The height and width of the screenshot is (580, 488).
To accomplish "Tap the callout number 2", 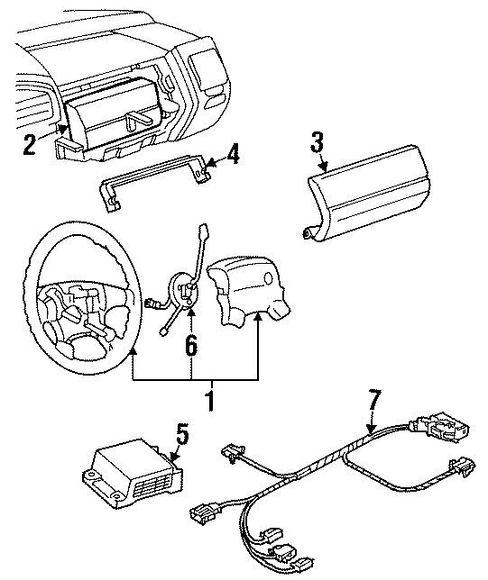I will point(31,144).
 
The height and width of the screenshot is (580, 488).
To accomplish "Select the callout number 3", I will point(317,142).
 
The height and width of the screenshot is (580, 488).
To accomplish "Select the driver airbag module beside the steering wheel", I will point(244,289).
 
